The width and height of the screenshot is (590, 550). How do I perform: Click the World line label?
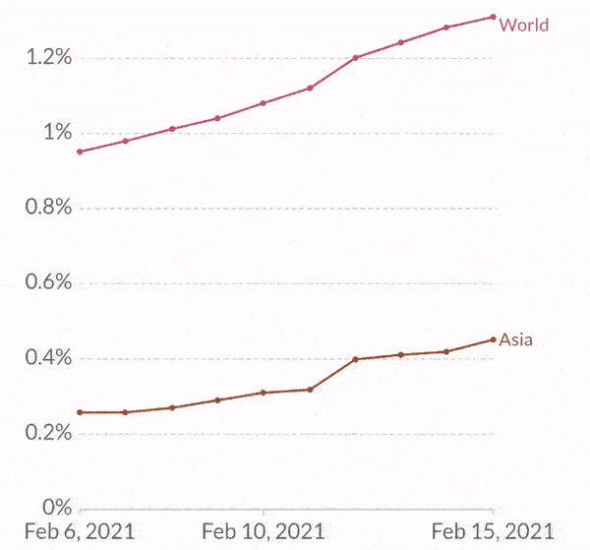(x=523, y=25)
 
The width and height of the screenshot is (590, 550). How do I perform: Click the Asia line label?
(x=515, y=339)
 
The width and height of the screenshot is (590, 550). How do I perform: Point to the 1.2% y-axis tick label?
(x=49, y=58)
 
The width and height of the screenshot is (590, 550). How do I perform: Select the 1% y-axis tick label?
(x=56, y=133)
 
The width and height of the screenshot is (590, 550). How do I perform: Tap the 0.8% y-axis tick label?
(x=48, y=208)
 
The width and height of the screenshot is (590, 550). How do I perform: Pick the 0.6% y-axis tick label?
(x=48, y=283)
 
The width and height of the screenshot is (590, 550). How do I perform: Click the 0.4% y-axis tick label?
(x=48, y=358)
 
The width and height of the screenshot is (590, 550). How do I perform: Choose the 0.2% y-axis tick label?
(x=48, y=433)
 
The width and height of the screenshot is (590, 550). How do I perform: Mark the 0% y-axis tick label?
(x=57, y=508)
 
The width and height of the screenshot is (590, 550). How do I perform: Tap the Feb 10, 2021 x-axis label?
(x=263, y=532)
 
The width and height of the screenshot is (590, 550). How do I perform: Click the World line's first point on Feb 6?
(x=80, y=152)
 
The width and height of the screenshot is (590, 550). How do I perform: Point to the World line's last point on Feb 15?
(x=493, y=17)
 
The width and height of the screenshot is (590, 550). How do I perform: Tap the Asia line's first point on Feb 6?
(x=80, y=412)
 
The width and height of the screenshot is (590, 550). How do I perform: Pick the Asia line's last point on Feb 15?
(x=493, y=339)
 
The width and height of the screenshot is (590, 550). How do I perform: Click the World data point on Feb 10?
(x=264, y=102)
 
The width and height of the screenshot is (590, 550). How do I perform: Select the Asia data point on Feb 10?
(x=264, y=393)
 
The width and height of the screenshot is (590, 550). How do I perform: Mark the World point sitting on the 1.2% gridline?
(x=355, y=58)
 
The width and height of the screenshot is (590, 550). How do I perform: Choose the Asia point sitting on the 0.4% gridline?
(x=355, y=359)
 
